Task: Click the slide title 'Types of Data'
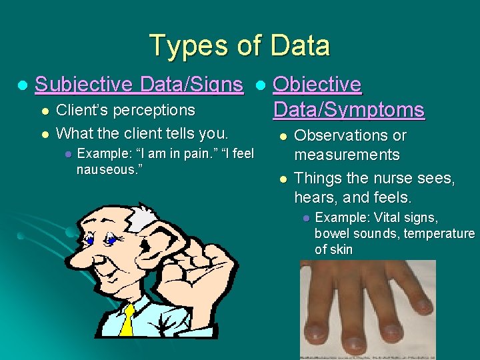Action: pos(240,46)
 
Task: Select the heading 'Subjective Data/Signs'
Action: pos(139,85)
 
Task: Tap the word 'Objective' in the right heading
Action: pos(317,85)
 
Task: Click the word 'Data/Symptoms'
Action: pos(349,109)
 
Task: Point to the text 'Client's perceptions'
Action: pos(126,110)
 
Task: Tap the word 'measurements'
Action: pos(347,155)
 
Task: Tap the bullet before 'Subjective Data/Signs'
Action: pos(22,85)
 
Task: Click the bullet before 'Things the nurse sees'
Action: pos(283,179)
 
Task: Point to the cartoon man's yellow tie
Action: pos(127,320)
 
